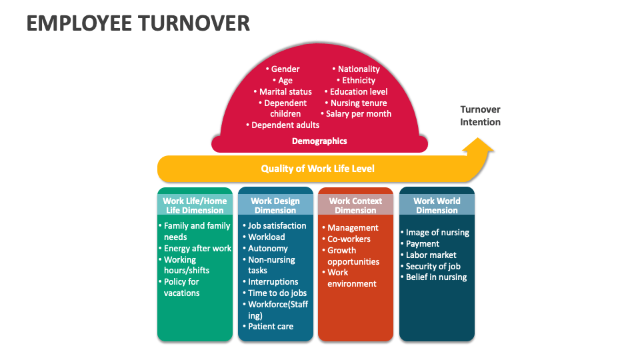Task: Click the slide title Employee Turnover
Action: [138, 23]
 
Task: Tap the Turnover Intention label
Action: [480, 115]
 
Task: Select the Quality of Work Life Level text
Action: [317, 169]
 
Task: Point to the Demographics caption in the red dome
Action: [319, 141]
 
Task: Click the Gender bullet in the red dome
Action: [285, 69]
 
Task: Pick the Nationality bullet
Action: [358, 69]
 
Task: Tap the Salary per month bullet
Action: [358, 114]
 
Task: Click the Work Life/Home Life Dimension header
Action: [195, 205]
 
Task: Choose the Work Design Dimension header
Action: [275, 205]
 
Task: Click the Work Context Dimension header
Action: [355, 205]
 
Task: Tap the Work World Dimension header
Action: [437, 205]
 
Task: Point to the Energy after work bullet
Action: [197, 249]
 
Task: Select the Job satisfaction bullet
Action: [277, 226]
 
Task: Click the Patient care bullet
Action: [271, 327]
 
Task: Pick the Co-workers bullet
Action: [349, 239]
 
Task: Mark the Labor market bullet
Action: [431, 255]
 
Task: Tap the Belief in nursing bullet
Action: [436, 277]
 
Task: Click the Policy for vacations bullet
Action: [181, 287]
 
